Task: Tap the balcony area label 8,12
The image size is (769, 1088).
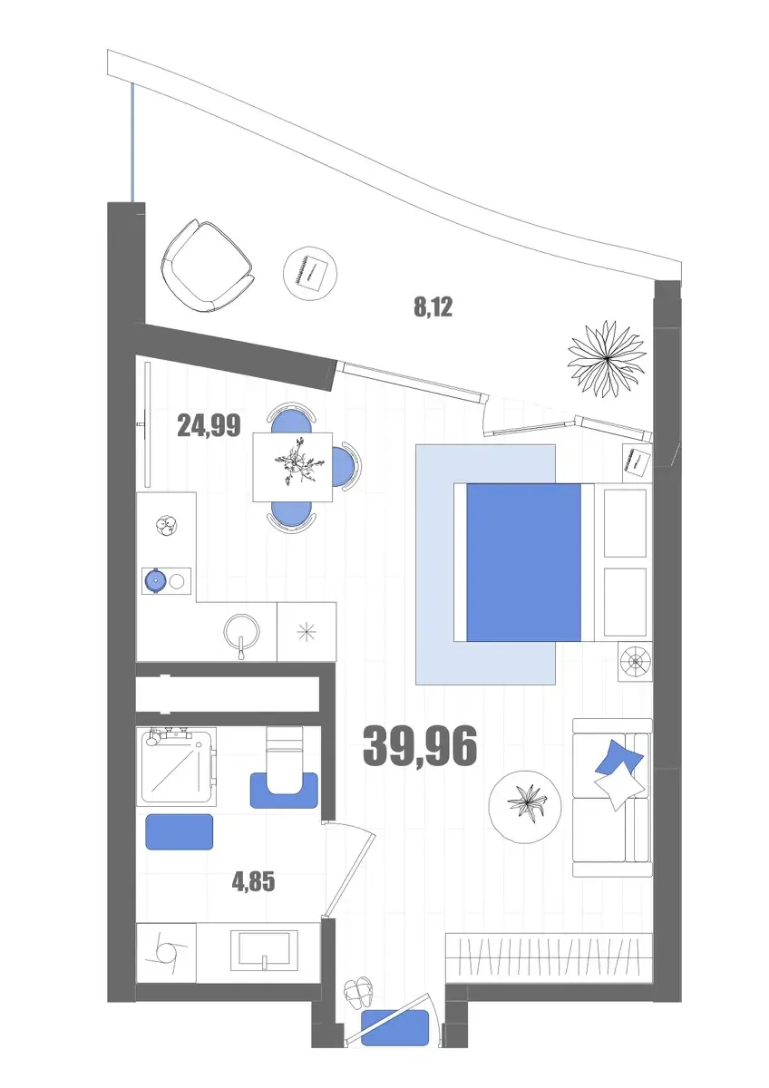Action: (x=433, y=307)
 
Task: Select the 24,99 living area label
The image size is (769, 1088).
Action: (x=209, y=426)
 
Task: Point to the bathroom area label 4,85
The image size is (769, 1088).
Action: (x=254, y=881)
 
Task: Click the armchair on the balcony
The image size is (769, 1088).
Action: (x=208, y=267)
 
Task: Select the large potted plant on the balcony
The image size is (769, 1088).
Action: (x=607, y=358)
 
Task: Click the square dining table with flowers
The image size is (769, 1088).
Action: (x=293, y=467)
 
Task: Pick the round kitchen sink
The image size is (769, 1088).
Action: (x=241, y=632)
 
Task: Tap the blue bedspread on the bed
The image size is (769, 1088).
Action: (x=523, y=562)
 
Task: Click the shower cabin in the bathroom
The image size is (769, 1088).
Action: (x=178, y=764)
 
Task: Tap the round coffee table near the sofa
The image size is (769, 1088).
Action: (x=525, y=806)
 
